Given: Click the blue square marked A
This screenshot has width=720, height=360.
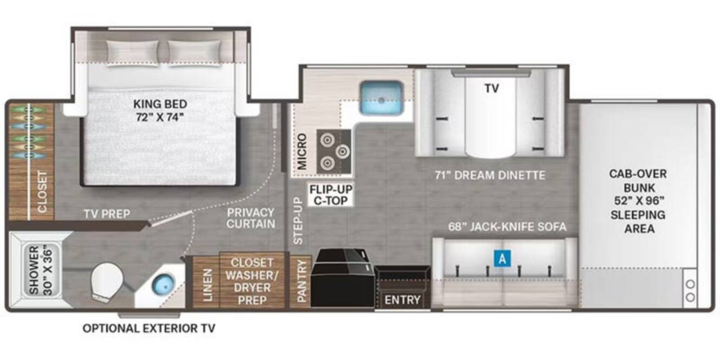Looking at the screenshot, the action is (502, 258).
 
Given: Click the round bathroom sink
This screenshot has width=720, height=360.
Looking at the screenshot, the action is (163, 285).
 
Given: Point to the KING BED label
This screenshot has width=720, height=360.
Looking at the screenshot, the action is (160, 111).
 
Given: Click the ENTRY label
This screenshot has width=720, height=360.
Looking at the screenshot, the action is (402, 300).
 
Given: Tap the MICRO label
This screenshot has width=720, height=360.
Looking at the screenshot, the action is (302, 151).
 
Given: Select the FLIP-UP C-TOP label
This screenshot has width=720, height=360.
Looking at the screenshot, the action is (331, 195).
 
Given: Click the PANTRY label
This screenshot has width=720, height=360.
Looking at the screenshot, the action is (301, 281).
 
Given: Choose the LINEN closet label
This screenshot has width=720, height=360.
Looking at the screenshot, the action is (208, 285).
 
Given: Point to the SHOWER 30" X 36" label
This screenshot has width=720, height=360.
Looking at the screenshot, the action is (41, 271).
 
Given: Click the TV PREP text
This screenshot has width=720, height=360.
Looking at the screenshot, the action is (107, 214).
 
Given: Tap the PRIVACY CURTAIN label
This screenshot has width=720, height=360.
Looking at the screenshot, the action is (250, 218).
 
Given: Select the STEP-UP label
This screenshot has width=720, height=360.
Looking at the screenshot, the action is (298, 221).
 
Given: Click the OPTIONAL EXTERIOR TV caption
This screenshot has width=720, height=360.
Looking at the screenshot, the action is (149, 328).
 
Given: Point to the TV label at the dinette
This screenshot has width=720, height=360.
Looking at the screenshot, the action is (492, 88).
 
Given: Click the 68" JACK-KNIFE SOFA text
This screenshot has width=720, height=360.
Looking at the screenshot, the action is (507, 227).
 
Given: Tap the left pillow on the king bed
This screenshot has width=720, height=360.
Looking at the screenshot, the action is (132, 53).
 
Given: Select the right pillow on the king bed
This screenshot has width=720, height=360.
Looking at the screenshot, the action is (195, 53).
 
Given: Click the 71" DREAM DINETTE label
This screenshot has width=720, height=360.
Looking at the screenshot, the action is (490, 176).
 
